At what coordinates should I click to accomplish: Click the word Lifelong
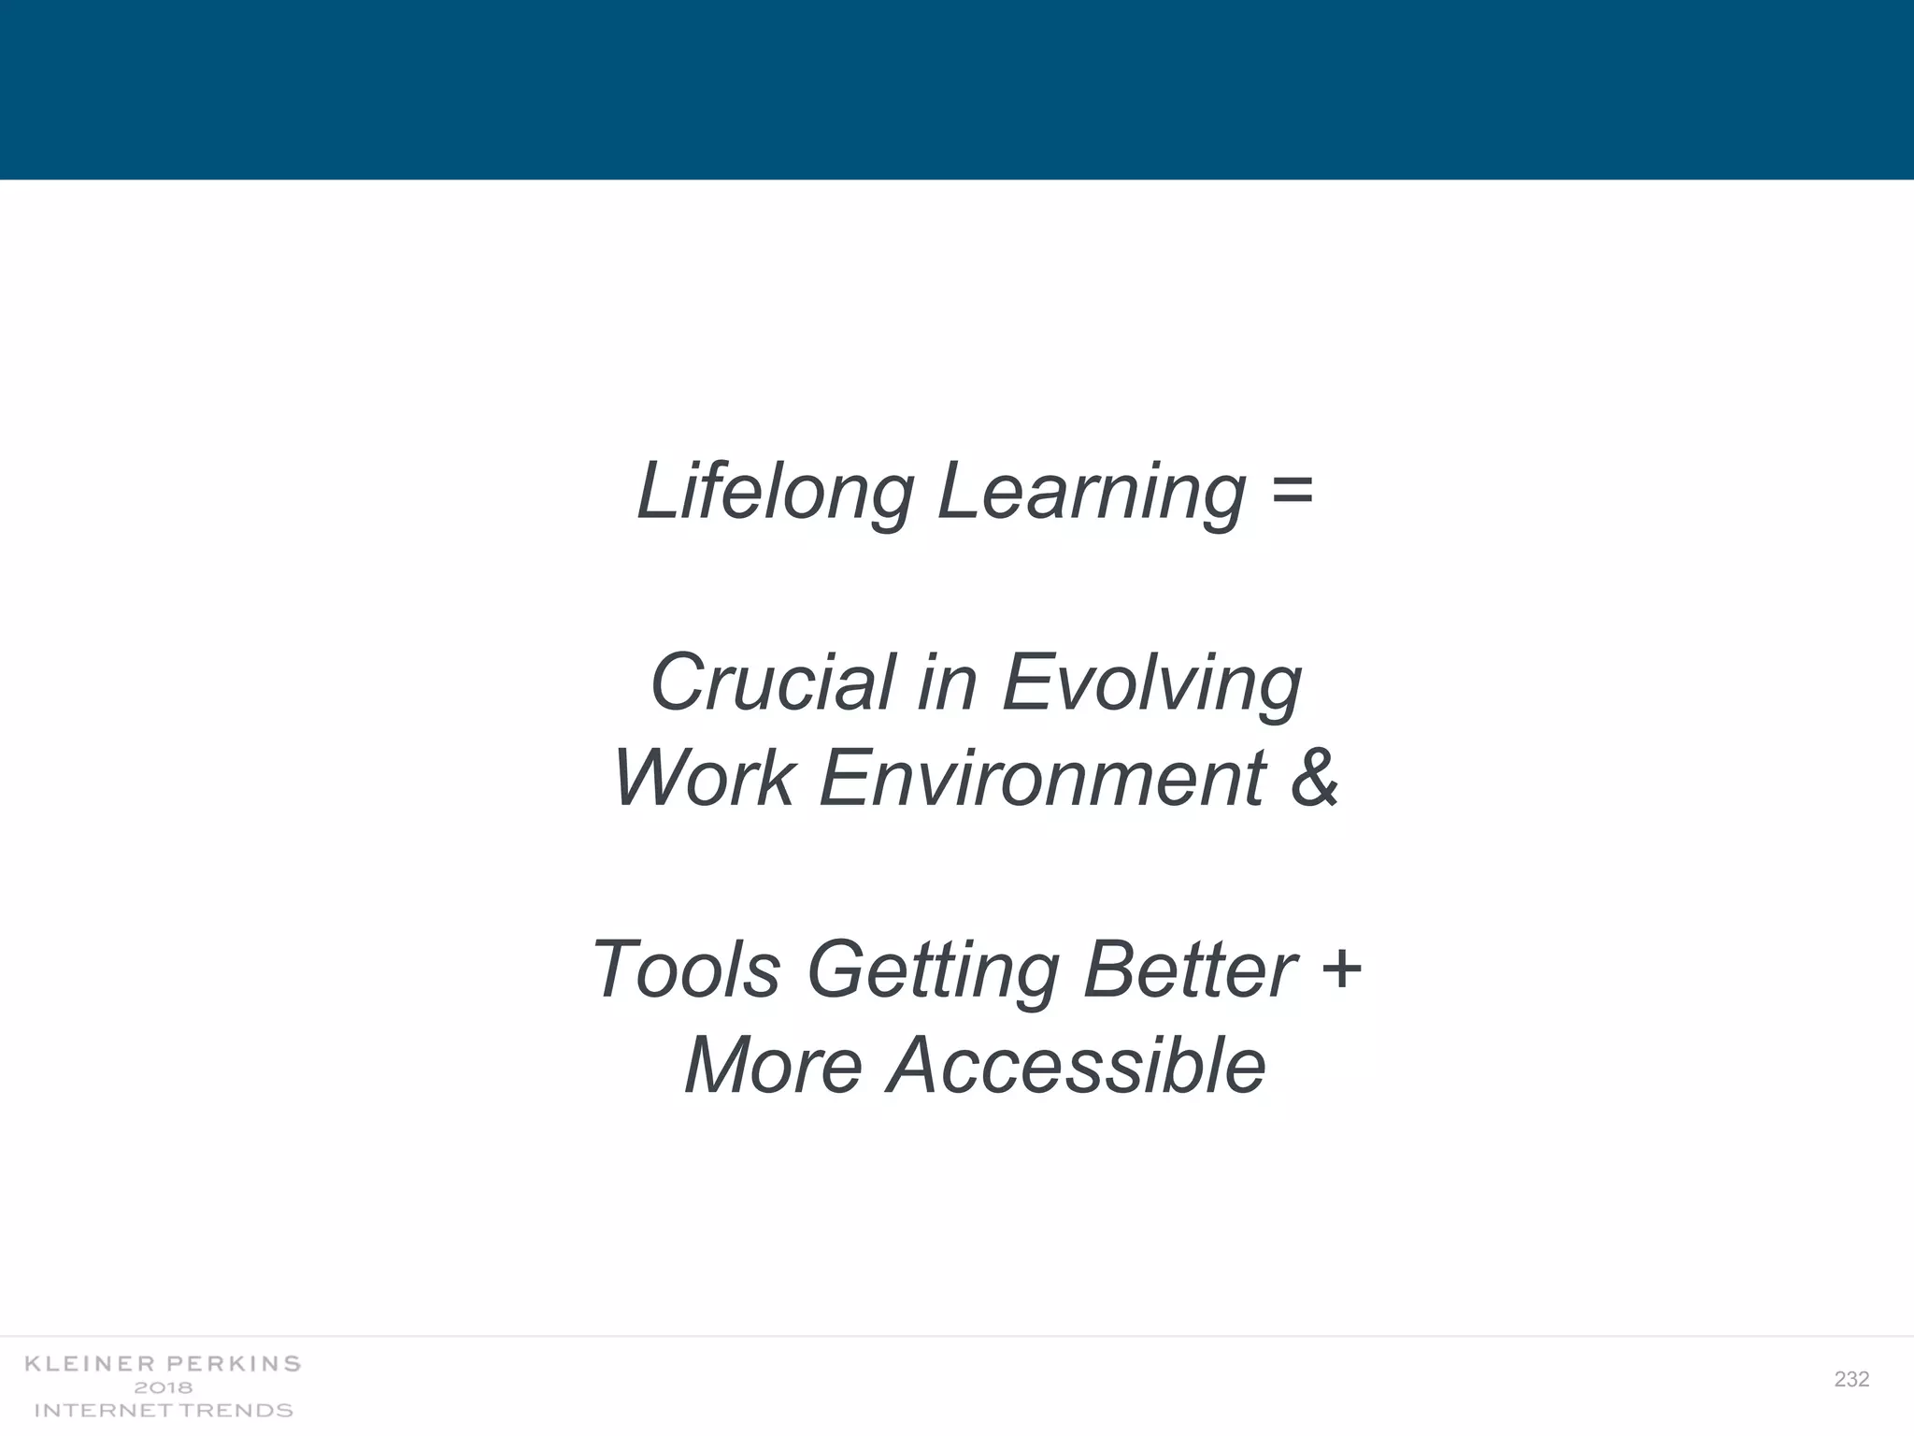coord(775,492)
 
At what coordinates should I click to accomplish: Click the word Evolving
coord(1151,682)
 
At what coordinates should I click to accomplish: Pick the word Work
coord(704,778)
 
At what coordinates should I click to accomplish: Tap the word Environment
coord(1043,778)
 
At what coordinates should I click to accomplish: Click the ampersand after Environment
coord(1314,778)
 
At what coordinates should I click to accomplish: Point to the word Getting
coord(933,969)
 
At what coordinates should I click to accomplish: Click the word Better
coord(1190,969)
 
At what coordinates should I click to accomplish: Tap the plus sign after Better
coord(1342,968)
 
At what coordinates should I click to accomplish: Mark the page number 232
coord(1851,1379)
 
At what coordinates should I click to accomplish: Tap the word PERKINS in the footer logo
coord(234,1364)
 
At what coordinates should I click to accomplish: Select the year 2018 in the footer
coord(164,1387)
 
